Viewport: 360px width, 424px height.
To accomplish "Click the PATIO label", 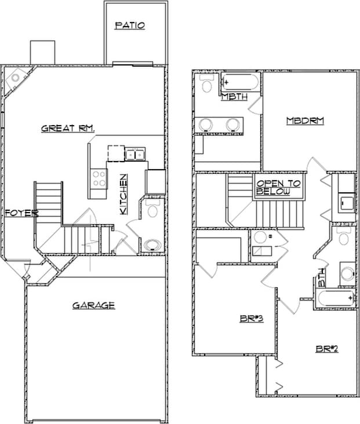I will tap(129, 25).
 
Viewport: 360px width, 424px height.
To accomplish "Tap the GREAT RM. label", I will tap(68, 128).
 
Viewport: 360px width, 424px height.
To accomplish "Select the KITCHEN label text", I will tap(123, 195).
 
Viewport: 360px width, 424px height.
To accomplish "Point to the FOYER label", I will tap(21, 213).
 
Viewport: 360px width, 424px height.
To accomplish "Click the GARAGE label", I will tap(93, 305).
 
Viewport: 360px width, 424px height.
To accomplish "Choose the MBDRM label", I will tap(305, 121).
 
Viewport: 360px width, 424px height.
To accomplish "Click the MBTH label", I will tap(234, 97).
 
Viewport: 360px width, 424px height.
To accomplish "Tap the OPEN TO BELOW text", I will tap(279, 187).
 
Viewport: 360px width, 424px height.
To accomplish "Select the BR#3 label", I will tap(252, 318).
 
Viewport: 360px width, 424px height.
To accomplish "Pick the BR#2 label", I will tap(327, 348).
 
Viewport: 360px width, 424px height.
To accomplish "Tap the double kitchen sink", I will tap(135, 154).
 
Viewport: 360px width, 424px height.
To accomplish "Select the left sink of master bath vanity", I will tap(205, 124).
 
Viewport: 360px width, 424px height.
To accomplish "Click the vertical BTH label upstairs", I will tap(322, 282).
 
